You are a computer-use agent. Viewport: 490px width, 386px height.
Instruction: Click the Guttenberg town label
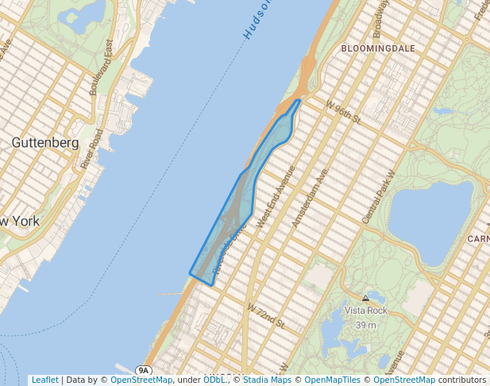coord(45,143)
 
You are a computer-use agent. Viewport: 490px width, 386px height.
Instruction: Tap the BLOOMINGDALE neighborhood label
coord(378,48)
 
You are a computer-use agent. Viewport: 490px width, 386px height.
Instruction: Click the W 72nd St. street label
coord(265,315)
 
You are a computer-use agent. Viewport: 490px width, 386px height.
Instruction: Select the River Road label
coord(92,149)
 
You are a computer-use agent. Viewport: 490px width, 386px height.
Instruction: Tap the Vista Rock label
coord(365,311)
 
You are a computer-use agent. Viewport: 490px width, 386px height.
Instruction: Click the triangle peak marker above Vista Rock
coord(365,299)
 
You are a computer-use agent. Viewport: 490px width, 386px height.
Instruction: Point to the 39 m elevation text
coord(365,325)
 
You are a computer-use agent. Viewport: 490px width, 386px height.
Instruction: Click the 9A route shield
coord(143,370)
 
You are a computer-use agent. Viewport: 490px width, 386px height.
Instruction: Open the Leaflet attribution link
coord(44,380)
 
